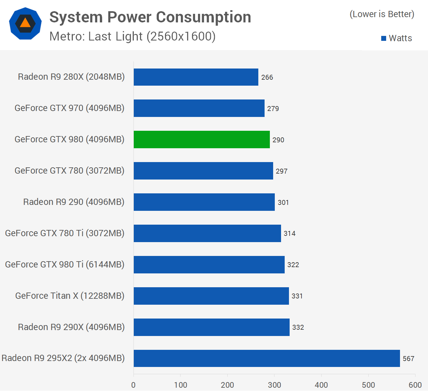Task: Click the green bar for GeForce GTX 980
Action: click(x=202, y=139)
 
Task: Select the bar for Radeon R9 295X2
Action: click(x=267, y=358)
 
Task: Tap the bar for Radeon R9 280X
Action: click(x=196, y=77)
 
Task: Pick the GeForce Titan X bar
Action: click(x=211, y=296)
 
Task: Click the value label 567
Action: click(x=408, y=359)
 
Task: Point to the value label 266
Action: click(x=267, y=77)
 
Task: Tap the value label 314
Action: click(x=289, y=234)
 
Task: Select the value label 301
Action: click(x=283, y=203)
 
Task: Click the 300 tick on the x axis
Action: click(x=274, y=385)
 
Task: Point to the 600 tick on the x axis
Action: click(x=415, y=385)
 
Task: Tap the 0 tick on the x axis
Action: click(x=133, y=385)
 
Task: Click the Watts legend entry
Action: click(x=397, y=38)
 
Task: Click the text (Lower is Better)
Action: click(x=382, y=14)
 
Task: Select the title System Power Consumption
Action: click(x=150, y=17)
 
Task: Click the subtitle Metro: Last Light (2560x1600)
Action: click(x=132, y=36)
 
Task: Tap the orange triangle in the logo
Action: click(x=25, y=23)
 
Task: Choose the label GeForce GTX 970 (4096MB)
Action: click(x=70, y=108)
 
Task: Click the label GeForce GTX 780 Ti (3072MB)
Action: click(x=65, y=233)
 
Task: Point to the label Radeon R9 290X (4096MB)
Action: click(x=71, y=327)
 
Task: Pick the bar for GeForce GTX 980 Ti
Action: click(x=209, y=265)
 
